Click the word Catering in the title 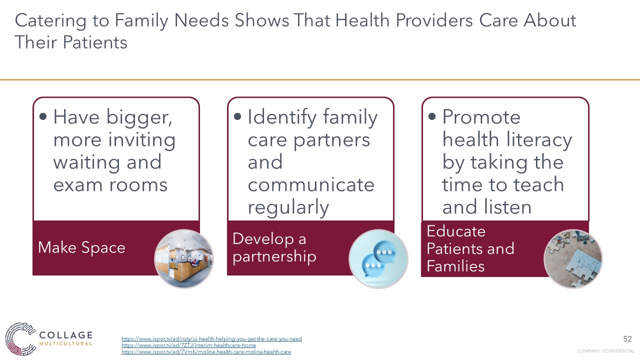[50, 21]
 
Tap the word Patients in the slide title [95, 42]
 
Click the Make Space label [81, 247]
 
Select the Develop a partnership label [274, 247]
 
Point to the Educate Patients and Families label [470, 248]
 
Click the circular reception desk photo [183, 259]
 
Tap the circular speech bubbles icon [378, 259]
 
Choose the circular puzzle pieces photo [573, 259]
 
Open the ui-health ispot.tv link [211, 339]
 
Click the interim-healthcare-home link [188, 345]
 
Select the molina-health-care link [206, 351]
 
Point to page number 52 [627, 339]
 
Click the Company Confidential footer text [606, 351]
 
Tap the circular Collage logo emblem [20, 339]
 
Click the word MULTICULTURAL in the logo [65, 343]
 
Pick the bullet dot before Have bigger [43, 116]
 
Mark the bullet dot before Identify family [237, 116]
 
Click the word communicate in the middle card [311, 185]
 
